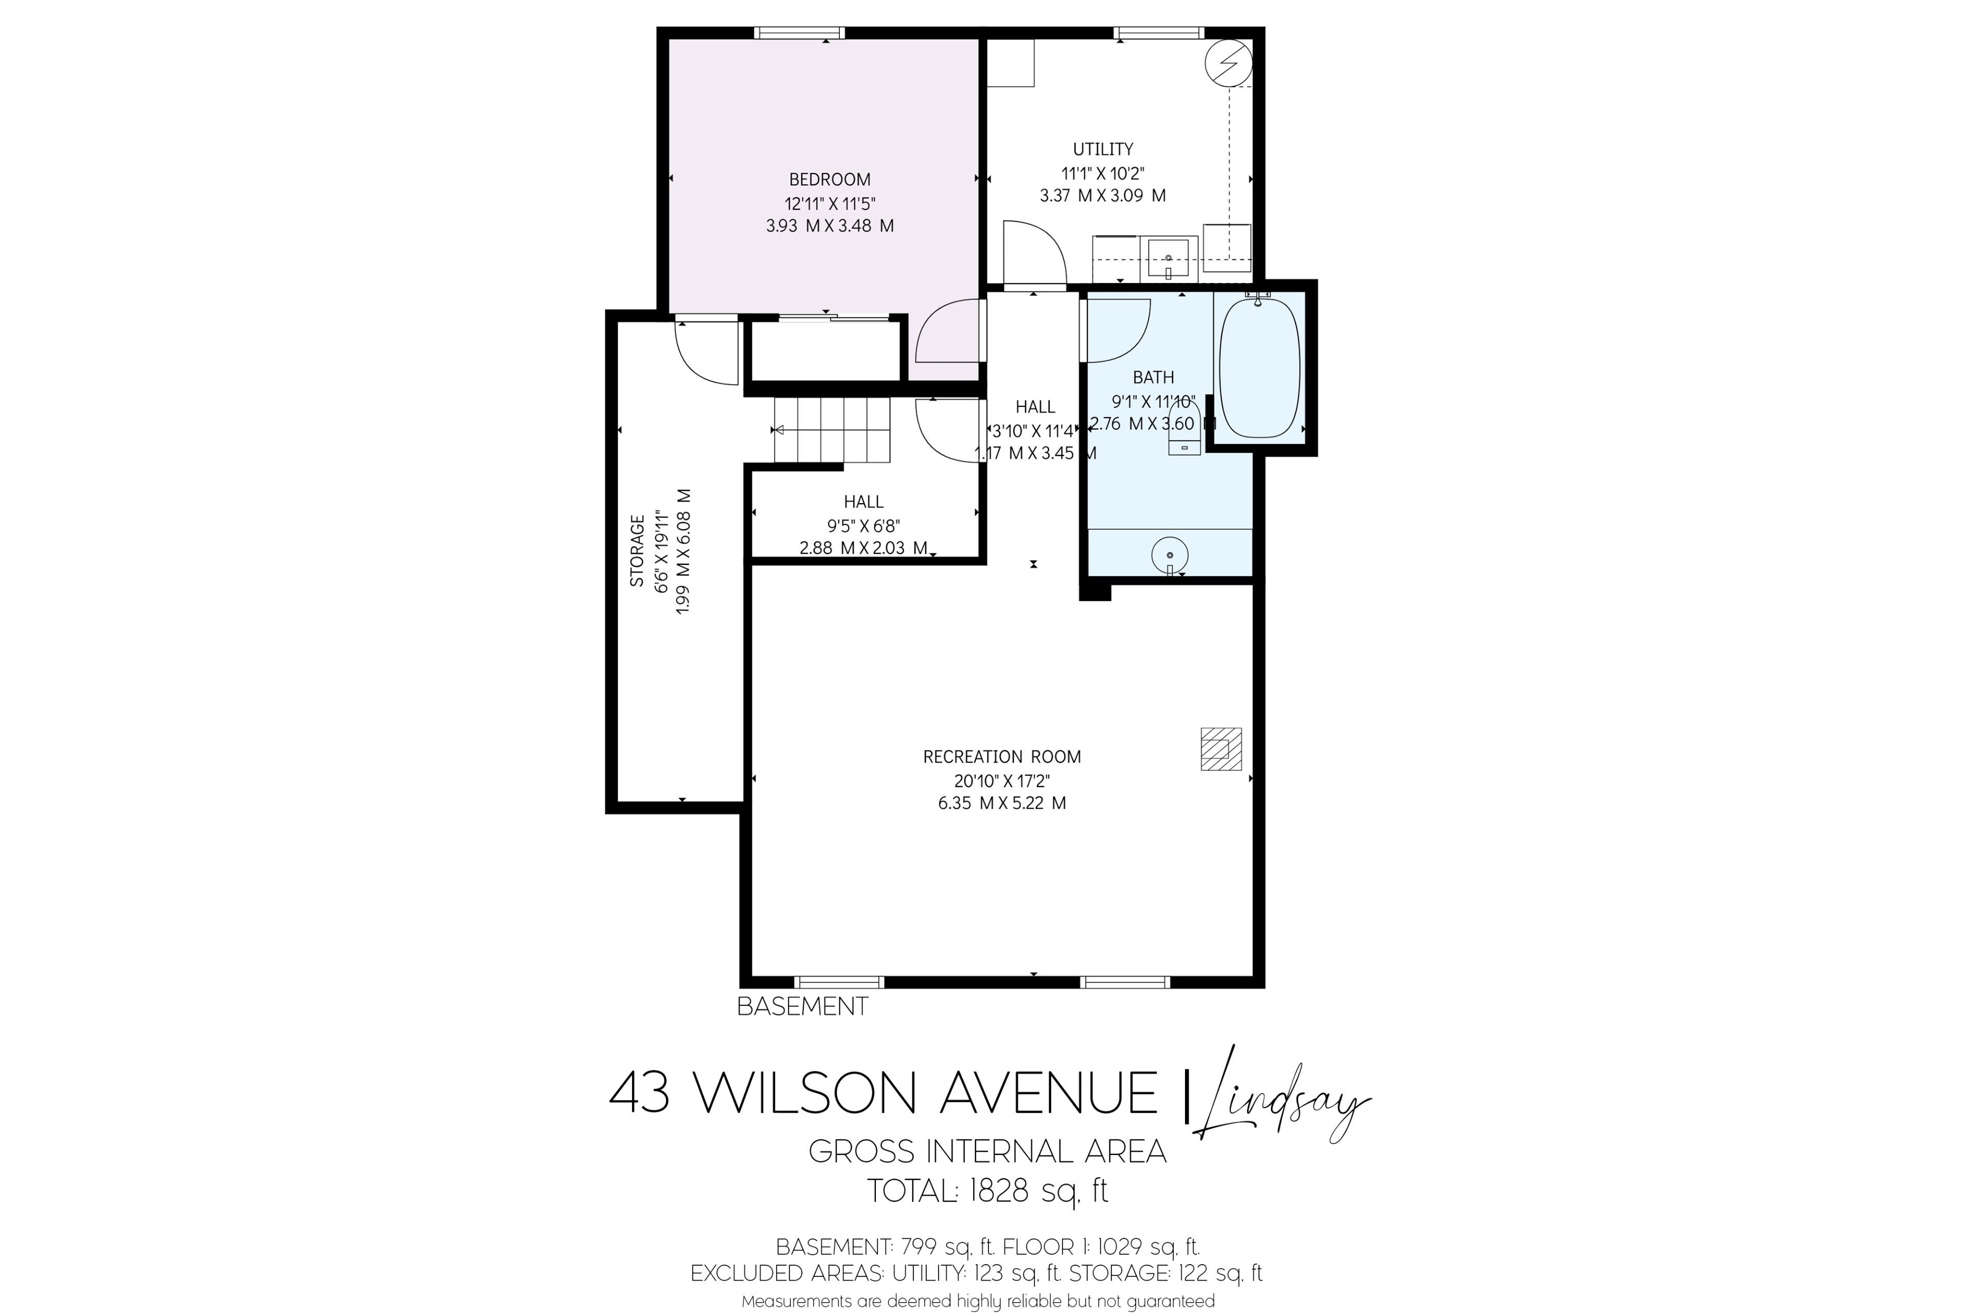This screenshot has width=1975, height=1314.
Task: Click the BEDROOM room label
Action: [829, 180]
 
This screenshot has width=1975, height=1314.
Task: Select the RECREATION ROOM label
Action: [1002, 757]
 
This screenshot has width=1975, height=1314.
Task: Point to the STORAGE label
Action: [637, 551]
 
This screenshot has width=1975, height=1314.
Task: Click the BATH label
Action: [1153, 377]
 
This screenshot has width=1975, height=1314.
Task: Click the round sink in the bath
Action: [1169, 555]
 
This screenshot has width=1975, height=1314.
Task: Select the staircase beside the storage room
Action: [832, 430]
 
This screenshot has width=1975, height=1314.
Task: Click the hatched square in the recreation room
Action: [1221, 749]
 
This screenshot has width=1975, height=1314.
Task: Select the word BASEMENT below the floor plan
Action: [802, 1006]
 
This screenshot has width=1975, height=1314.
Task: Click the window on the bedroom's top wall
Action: [799, 33]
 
